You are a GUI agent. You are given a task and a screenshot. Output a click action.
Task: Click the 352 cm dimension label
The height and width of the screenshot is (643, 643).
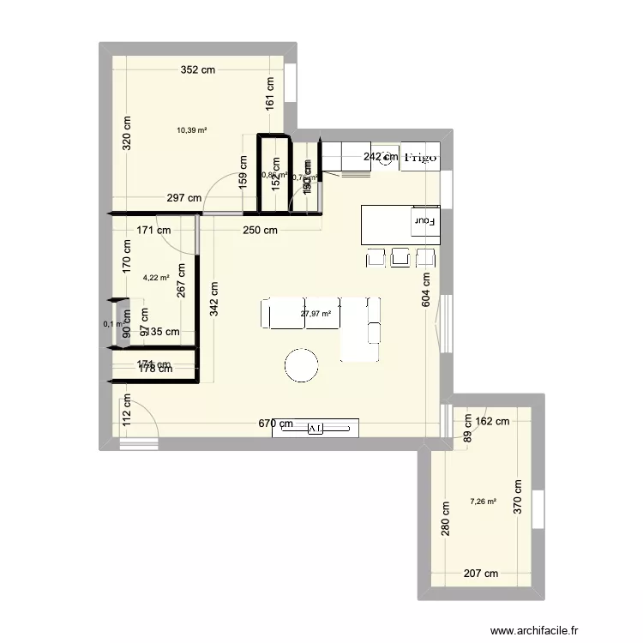tap(197, 71)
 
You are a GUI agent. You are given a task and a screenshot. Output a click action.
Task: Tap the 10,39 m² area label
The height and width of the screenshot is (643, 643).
tap(192, 130)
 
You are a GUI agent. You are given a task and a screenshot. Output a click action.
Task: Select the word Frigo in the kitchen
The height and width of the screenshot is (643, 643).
tap(421, 158)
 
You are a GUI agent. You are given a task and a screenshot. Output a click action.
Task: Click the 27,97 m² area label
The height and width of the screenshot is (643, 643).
tap(315, 314)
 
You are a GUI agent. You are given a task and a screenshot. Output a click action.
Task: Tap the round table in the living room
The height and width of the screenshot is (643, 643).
tap(303, 364)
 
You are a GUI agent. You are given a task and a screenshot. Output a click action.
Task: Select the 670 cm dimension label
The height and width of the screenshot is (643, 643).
tap(277, 424)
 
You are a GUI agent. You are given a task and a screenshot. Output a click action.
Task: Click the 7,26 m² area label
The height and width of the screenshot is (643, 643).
tap(483, 502)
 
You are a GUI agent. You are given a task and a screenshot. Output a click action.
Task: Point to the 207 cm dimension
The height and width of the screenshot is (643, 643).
tap(481, 574)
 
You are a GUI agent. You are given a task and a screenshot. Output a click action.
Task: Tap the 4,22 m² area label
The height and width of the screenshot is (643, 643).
tap(156, 277)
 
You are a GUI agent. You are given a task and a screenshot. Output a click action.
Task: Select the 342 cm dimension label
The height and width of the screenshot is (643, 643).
tap(213, 301)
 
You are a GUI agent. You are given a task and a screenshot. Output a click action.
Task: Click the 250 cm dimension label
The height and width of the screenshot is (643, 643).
tap(260, 230)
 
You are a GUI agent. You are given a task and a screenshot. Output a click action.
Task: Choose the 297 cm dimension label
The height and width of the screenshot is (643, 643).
tap(184, 198)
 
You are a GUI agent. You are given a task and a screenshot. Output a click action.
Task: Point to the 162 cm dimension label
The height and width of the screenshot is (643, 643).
tap(492, 421)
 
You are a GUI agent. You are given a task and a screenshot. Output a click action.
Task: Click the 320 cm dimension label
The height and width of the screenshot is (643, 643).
tap(126, 133)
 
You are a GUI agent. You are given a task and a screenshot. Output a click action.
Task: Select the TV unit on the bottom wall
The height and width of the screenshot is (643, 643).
tap(315, 428)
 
